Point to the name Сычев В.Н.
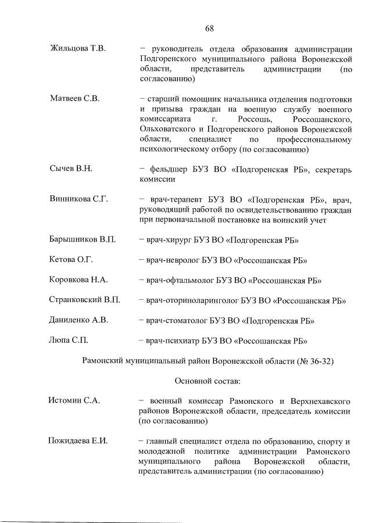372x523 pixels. coord(72,169)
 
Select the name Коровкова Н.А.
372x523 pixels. coord(79,280)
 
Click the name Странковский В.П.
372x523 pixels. coord(85,300)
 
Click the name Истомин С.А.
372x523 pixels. coord(74,400)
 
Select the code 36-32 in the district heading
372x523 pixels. coord(319,361)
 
